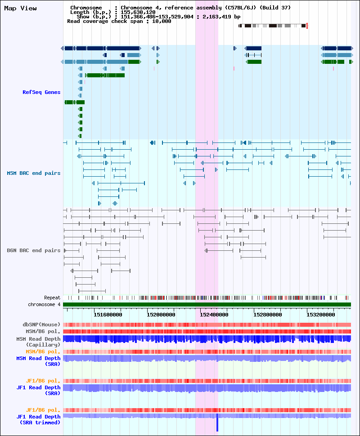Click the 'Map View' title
tap(20, 9)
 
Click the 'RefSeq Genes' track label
tap(41, 92)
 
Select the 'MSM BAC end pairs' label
tap(33, 173)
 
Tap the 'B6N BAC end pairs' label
tap(33, 250)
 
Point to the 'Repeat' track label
tap(52, 298)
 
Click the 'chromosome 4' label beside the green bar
tap(44, 304)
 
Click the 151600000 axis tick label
tap(108, 315)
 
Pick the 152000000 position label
tap(161, 315)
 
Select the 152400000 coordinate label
tap(214, 315)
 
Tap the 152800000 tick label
tap(268, 315)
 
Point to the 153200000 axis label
tap(321, 315)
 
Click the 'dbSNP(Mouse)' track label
tap(41, 325)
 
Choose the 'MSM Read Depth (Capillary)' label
tap(38, 342)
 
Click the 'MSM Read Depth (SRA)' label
tap(38, 361)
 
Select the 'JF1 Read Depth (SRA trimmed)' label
tap(38, 420)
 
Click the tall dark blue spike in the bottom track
tap(217, 423)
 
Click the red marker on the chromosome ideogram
tap(307, 26)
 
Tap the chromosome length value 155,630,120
tap(138, 12)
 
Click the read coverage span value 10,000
tap(162, 21)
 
